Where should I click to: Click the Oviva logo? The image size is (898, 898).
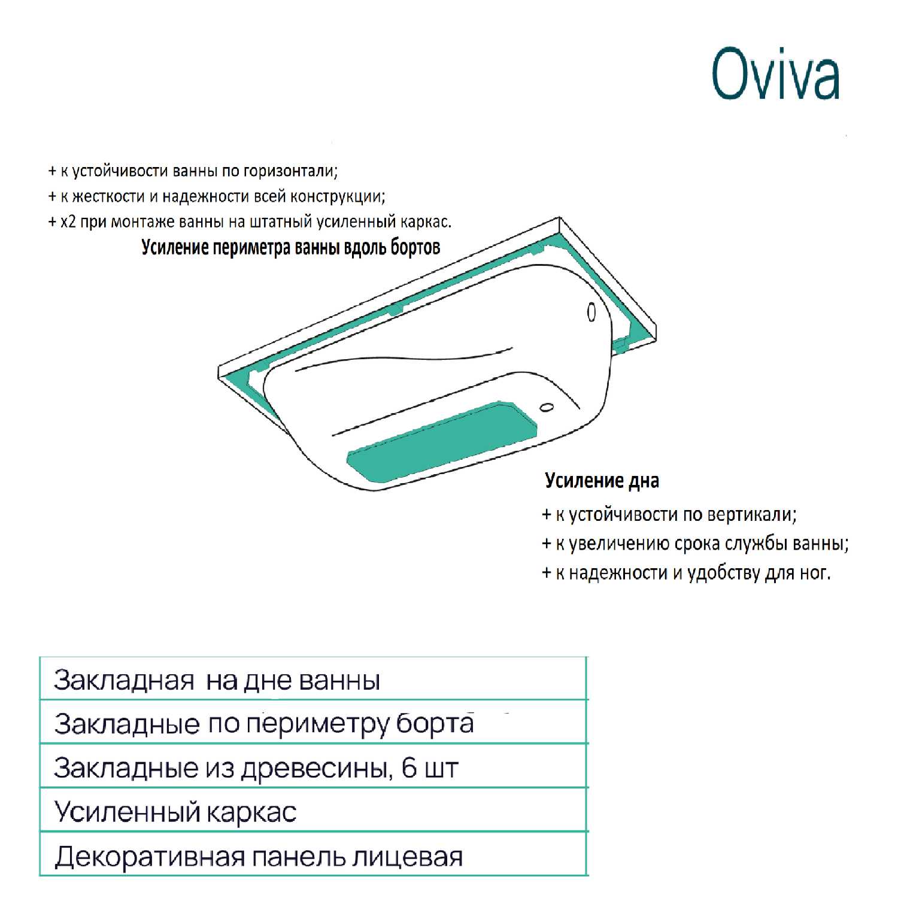775,75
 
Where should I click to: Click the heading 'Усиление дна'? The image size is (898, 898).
602,481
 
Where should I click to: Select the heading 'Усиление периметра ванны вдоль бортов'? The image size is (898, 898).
291,247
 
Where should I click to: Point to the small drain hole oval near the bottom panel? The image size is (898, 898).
546,408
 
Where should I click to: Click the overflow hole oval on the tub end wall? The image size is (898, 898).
591,312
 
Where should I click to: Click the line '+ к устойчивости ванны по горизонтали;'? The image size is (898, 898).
193,171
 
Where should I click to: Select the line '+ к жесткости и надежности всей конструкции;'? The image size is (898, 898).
217,196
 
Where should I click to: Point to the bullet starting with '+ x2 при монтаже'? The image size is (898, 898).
250,222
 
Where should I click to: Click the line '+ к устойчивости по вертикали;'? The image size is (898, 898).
669,515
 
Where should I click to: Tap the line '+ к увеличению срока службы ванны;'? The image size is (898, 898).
695,544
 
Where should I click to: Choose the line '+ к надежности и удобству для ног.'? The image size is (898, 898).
686,573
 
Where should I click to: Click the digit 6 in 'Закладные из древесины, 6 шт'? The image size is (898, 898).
409,767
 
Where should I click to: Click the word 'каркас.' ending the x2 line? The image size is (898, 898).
427,222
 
